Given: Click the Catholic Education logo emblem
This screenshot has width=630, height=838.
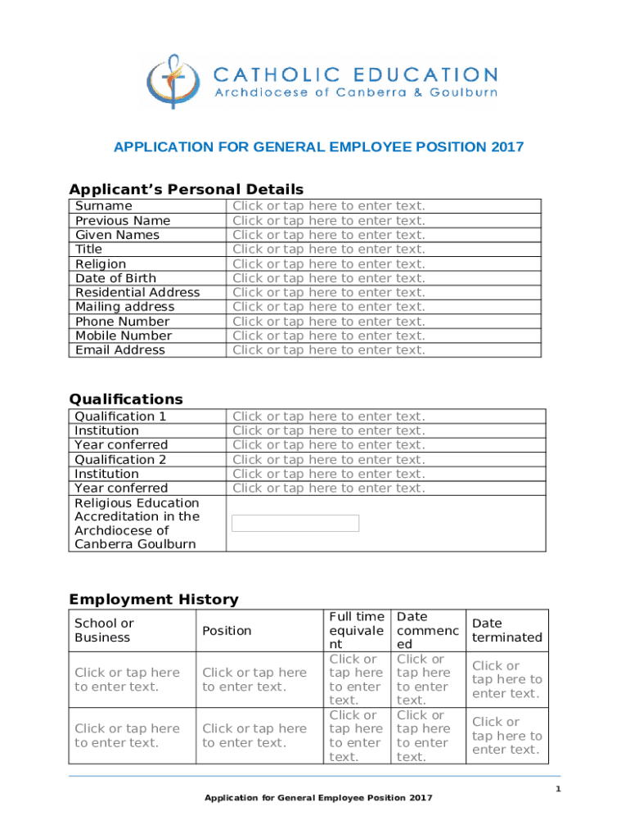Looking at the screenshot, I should [173, 82].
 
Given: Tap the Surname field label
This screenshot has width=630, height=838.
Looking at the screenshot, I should [103, 206].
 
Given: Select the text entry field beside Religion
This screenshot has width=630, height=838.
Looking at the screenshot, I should [329, 264].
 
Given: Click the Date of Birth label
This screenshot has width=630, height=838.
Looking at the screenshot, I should [115, 278].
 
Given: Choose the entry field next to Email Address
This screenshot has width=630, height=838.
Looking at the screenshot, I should [329, 350].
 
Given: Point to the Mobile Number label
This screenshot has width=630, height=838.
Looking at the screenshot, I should [124, 336].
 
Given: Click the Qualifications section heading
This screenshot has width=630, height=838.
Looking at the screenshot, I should [126, 399].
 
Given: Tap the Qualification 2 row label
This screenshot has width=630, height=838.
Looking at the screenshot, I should [120, 460].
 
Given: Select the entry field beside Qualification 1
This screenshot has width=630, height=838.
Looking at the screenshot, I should [329, 417].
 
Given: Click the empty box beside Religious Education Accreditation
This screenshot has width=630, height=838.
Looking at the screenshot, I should [295, 523].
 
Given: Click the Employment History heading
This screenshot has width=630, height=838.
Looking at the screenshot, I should [154, 599].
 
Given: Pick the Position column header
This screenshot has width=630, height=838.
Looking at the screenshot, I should [227, 630].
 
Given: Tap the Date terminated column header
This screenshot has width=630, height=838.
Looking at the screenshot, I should [506, 630].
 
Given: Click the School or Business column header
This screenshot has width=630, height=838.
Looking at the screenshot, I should [104, 630].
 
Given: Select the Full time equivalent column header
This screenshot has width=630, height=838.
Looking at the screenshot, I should [356, 630].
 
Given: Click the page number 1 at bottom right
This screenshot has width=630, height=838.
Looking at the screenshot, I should [557, 789].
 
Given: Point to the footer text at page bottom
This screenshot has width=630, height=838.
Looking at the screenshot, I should [318, 798].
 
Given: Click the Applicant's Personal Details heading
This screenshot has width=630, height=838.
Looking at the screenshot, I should [186, 190].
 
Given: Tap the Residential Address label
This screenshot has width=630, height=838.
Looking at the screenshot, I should [137, 292].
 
